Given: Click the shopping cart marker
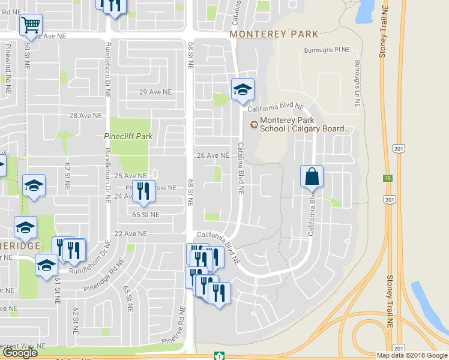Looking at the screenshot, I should click(31, 25).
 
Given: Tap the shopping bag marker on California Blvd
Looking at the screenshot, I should click(312, 176).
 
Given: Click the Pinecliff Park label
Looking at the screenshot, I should click(128, 136).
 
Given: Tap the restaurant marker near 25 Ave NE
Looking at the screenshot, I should click(143, 191).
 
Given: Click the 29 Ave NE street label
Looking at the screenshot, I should click(155, 92).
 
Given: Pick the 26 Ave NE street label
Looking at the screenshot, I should click(213, 155).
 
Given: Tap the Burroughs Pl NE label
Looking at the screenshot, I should click(327, 50).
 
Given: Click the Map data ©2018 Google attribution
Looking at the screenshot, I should click(412, 355).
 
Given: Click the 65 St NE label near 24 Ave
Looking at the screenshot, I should click(146, 214).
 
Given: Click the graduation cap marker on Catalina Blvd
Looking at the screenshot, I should click(243, 90).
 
